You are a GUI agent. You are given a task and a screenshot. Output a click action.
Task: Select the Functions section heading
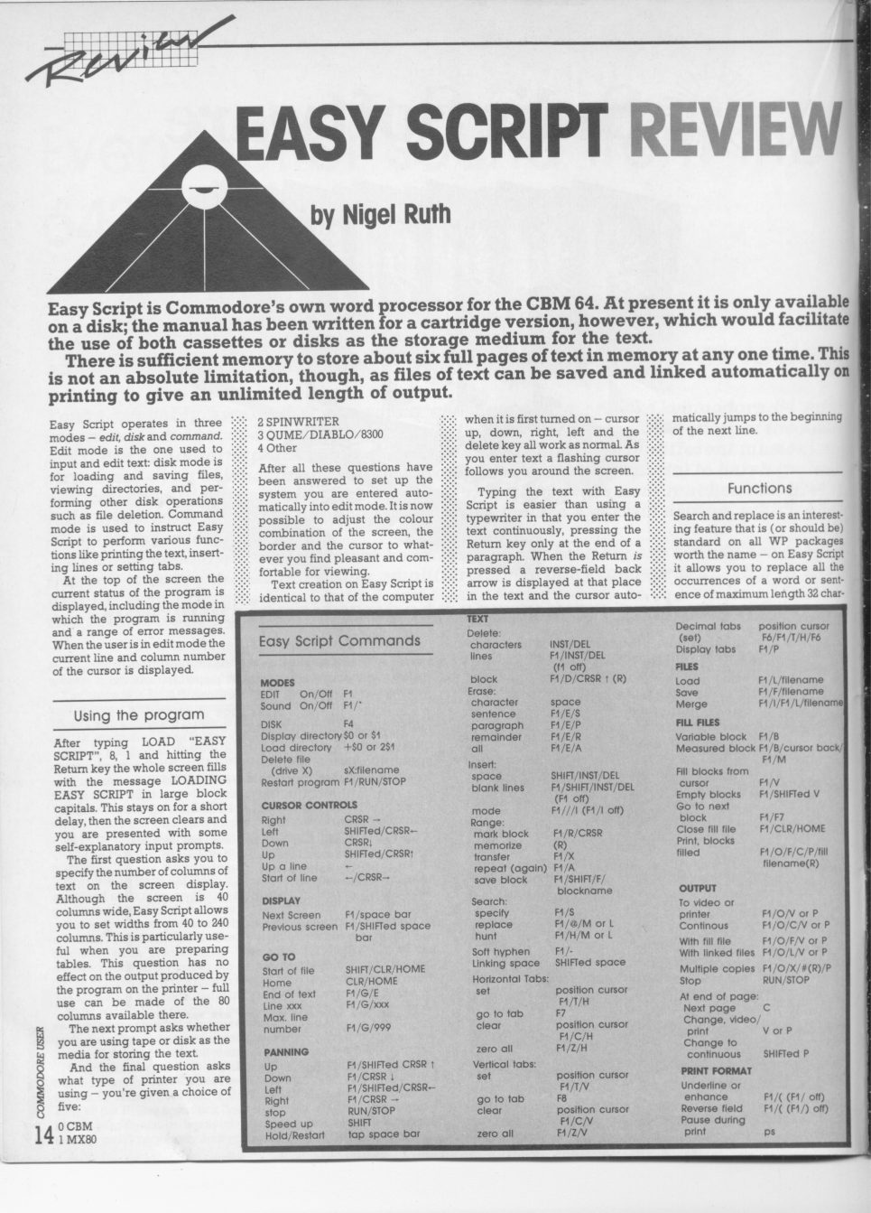click(759, 488)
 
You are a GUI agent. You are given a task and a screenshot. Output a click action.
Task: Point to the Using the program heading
click(139, 715)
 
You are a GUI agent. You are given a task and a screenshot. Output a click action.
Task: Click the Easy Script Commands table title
click(339, 641)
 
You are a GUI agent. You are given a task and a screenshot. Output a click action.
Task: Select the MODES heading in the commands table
click(278, 683)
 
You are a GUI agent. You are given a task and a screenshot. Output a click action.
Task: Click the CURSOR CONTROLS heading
click(309, 805)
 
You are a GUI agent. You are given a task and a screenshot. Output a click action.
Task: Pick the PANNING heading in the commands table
click(285, 1052)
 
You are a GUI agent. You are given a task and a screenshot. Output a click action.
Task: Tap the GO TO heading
click(278, 956)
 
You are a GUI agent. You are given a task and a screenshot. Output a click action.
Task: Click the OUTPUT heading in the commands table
click(697, 888)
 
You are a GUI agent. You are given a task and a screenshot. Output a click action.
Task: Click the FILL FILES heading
click(698, 723)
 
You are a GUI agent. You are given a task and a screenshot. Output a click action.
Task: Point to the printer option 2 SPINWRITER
click(299, 421)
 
